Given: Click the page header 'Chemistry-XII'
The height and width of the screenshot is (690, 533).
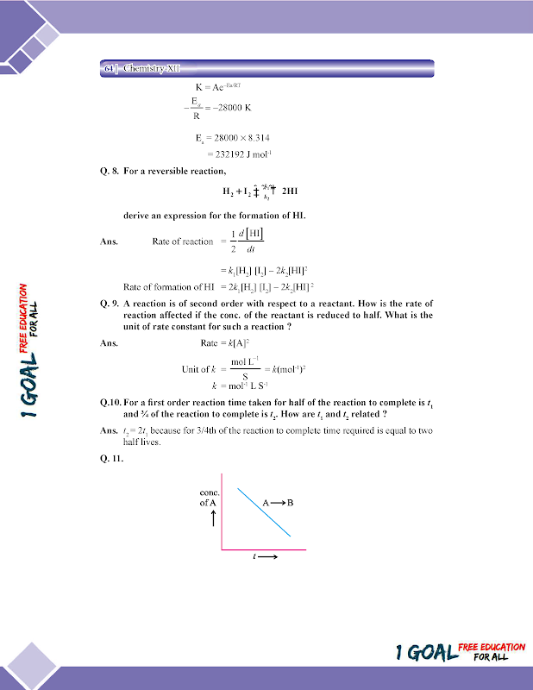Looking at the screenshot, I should coord(151,67).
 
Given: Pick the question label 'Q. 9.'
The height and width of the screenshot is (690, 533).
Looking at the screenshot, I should coord(110,304).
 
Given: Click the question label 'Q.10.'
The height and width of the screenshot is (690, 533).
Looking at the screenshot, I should coord(111,402).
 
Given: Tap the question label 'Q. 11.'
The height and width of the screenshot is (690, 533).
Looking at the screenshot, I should coord(112,457).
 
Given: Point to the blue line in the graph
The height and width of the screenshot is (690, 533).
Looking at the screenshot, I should coord(264,514).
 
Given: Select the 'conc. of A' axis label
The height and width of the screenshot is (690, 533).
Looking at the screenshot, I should coord(210,498).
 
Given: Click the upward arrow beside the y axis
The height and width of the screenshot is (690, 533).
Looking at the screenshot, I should coord(212,519).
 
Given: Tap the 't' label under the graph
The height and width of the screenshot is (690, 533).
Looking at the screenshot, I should coord(256,557).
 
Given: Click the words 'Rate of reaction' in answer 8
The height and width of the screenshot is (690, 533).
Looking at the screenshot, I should coord(182,241).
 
